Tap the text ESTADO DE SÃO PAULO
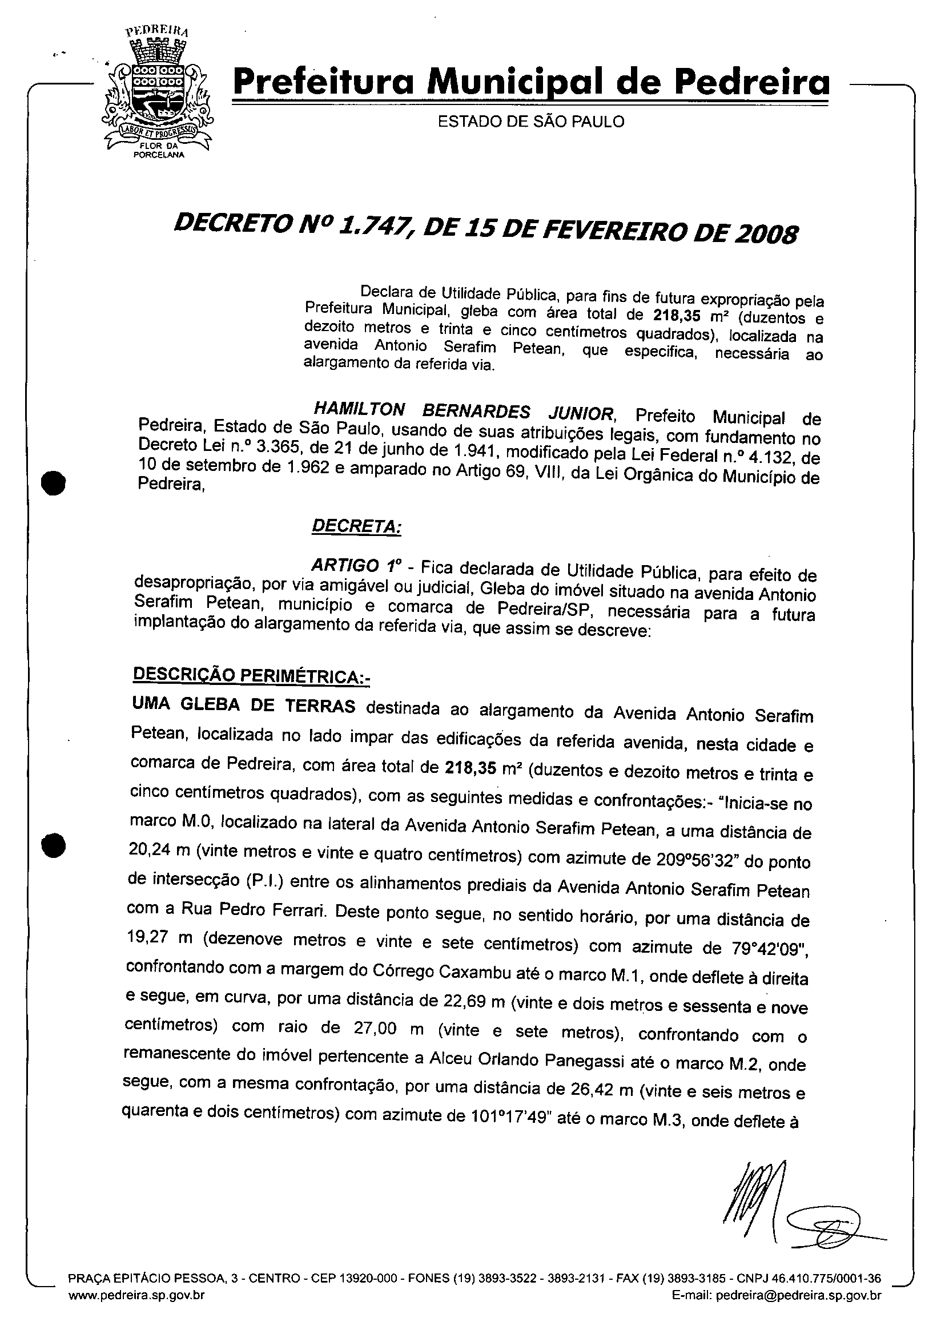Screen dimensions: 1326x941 531,122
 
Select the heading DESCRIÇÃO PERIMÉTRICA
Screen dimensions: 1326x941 251,675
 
